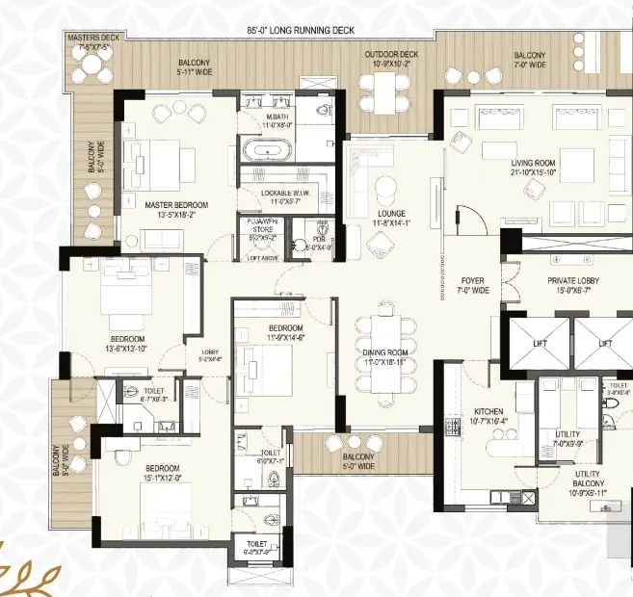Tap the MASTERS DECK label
coord(89,38)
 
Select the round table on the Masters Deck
coord(92,65)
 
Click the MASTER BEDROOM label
coord(176,205)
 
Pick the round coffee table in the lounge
coord(385,187)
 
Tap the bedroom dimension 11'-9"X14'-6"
coord(286,337)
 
